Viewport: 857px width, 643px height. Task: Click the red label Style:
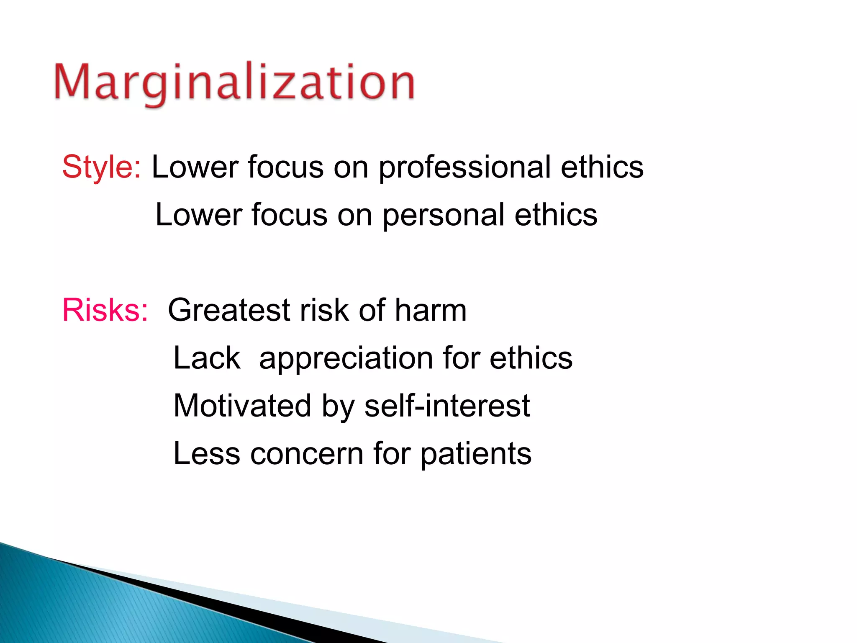[x=102, y=167]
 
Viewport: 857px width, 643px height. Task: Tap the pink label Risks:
[x=105, y=310]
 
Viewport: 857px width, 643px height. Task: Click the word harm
[x=431, y=310]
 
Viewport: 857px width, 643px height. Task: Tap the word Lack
[x=207, y=358]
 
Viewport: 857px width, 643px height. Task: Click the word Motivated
[x=242, y=406]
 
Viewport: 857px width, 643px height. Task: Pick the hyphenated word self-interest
[x=447, y=406]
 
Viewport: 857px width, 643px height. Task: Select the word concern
[x=307, y=454]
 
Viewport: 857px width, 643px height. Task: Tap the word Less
[x=207, y=453]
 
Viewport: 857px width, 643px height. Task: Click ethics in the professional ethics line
[x=602, y=167]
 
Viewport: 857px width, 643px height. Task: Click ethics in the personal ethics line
[x=556, y=215]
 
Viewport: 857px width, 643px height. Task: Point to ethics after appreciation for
[x=531, y=358]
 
